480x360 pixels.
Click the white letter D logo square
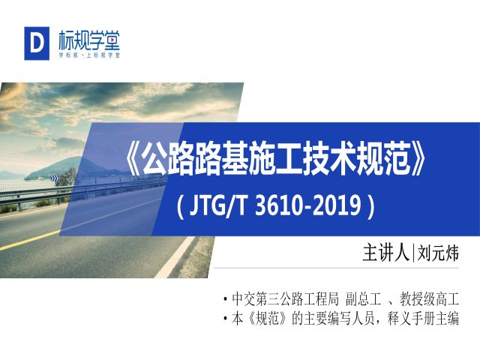pos(37,43)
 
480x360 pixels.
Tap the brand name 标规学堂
pos(89,40)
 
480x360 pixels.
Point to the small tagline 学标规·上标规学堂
pos(89,55)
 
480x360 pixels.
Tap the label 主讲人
pos(386,253)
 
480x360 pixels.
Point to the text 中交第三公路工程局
pos(285,299)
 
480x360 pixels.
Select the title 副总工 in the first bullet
pos(363,299)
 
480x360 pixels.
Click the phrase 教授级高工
pos(429,299)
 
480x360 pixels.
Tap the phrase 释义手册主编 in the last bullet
pos(423,319)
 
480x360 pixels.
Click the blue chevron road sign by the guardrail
pos(55,178)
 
